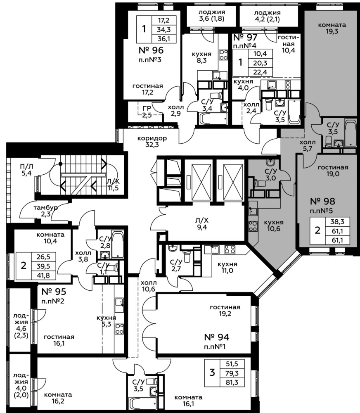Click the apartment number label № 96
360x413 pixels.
[x=151, y=50]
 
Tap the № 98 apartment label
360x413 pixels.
[x=322, y=201]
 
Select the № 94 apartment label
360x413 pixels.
[x=217, y=337]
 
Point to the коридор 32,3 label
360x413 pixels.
[x=152, y=141]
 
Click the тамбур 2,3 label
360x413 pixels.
[x=46, y=211]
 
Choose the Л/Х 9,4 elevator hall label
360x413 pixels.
[x=202, y=224]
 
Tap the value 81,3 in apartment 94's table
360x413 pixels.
[x=232, y=382]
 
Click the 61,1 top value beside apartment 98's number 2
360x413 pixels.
[x=337, y=231]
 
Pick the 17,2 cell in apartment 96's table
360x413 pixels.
[x=164, y=20]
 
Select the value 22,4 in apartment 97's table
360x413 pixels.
[x=260, y=72]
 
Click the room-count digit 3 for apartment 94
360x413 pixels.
[x=212, y=373]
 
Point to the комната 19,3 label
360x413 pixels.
[x=332, y=28]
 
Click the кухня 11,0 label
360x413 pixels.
[x=227, y=267]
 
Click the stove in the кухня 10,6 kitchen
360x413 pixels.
[x=253, y=226]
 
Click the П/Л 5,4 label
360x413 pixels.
[x=26, y=170]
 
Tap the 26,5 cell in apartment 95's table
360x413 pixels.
[x=43, y=256]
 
